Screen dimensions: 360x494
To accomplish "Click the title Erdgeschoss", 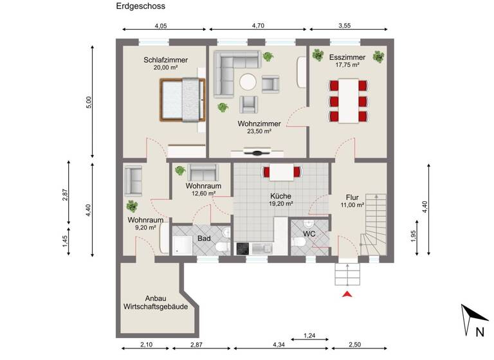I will [141, 7].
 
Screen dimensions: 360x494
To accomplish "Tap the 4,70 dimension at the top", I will [258, 26].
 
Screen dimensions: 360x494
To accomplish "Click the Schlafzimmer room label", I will [166, 60].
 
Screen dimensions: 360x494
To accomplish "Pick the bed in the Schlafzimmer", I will [183, 99].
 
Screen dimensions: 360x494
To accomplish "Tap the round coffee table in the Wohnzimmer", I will [248, 82].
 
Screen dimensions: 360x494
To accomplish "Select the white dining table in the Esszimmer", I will [348, 100].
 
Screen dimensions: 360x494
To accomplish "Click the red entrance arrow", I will [347, 294].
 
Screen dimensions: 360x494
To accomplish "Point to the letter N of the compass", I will [479, 332].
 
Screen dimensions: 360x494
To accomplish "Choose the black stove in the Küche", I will [243, 249].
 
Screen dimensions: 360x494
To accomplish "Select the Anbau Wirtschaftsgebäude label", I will [156, 303].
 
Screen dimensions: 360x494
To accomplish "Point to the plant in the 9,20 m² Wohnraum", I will [133, 206].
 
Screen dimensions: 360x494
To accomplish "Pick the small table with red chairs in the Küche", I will [280, 172].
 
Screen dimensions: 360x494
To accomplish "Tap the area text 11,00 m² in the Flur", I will [352, 205].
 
